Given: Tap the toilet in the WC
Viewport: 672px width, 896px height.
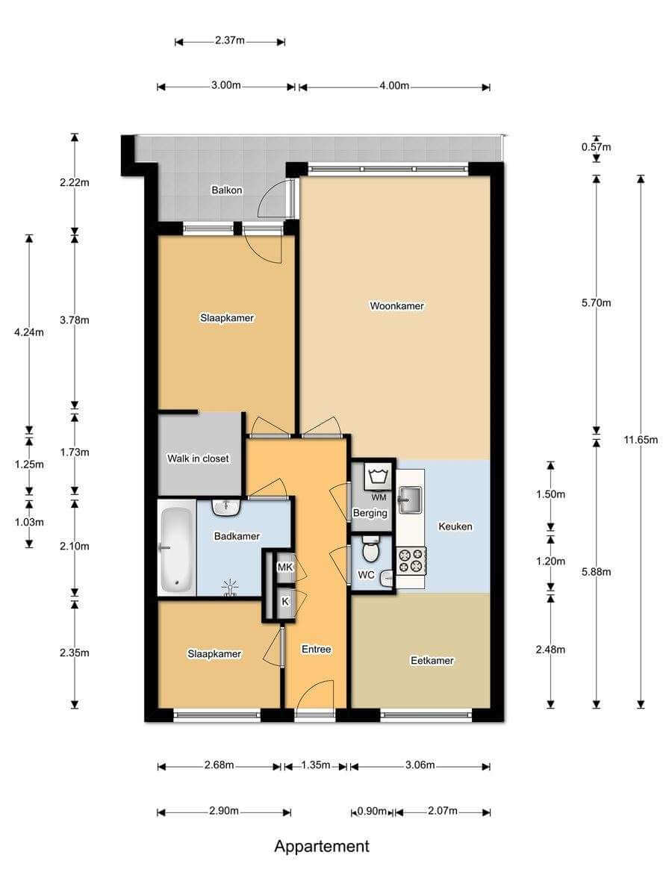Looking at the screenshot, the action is (x=370, y=549).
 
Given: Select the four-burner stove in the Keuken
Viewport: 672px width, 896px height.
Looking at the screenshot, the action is (x=411, y=561).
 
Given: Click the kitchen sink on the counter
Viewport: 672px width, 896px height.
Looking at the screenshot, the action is (x=410, y=499).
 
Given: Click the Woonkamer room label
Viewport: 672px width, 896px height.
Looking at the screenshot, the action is (x=396, y=305).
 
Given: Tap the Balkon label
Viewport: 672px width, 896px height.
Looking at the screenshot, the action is (x=226, y=190).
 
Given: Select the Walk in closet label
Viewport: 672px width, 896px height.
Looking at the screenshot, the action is (x=198, y=458).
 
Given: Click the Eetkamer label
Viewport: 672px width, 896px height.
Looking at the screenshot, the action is (x=432, y=660).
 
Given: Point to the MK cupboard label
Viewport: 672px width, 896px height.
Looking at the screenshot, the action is (x=284, y=567).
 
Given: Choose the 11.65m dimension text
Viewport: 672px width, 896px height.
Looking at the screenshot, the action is (x=641, y=440).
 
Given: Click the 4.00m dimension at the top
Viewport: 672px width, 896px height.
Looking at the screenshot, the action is (x=394, y=86).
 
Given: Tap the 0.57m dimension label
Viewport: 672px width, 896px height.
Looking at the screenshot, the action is (x=596, y=147).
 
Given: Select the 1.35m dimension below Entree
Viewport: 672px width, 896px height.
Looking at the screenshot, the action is (x=315, y=765).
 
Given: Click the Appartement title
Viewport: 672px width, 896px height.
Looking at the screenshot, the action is (x=322, y=846).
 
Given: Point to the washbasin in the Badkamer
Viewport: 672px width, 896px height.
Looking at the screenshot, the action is (x=226, y=507).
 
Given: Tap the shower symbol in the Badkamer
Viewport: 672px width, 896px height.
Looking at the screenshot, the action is (x=230, y=588).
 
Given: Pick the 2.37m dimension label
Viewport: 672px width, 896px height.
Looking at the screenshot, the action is (x=230, y=40).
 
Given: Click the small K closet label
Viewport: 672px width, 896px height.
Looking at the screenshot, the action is (x=284, y=601).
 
